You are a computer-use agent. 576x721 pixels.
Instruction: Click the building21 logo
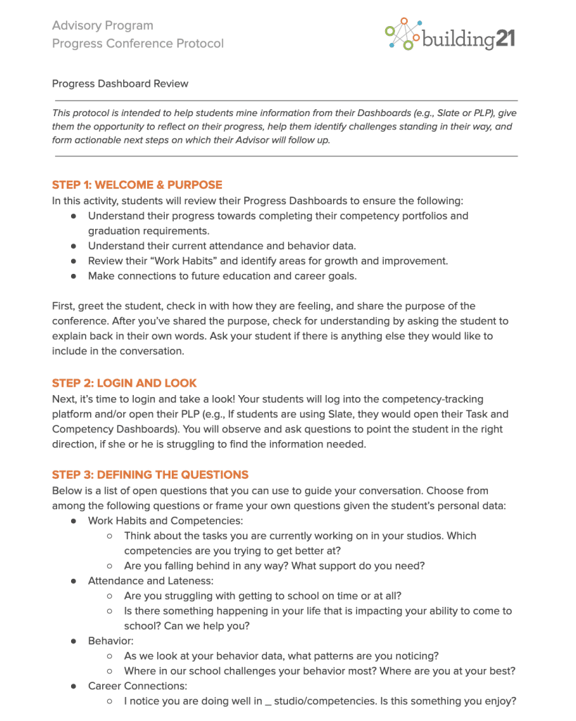451,35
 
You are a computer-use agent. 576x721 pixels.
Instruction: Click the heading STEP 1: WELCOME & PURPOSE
137,185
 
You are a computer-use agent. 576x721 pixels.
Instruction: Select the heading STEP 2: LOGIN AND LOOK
124,384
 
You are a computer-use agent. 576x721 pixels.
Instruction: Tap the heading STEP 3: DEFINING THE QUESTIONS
150,475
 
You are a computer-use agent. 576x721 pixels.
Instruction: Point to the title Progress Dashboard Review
120,84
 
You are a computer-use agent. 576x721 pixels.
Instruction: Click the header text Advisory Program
102,26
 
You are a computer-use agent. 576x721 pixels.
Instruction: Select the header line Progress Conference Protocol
137,44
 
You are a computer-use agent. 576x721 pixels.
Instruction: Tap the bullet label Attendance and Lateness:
150,581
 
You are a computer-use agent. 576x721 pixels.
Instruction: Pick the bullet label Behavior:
111,641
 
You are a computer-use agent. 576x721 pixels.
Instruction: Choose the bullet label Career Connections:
137,686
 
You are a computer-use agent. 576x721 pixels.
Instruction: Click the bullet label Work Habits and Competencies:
165,520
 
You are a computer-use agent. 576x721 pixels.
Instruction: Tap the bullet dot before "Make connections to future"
73,276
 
